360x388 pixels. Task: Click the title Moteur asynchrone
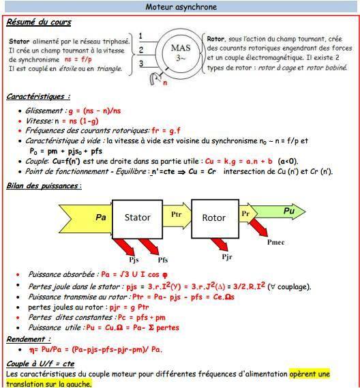[x=179, y=7]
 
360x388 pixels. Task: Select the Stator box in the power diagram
[x=137, y=218]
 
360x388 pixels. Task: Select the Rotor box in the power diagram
[x=213, y=218]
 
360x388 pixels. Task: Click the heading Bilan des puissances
[x=44, y=185]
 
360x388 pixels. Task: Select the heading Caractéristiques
[x=38, y=97]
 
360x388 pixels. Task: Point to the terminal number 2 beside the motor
[x=140, y=50]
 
